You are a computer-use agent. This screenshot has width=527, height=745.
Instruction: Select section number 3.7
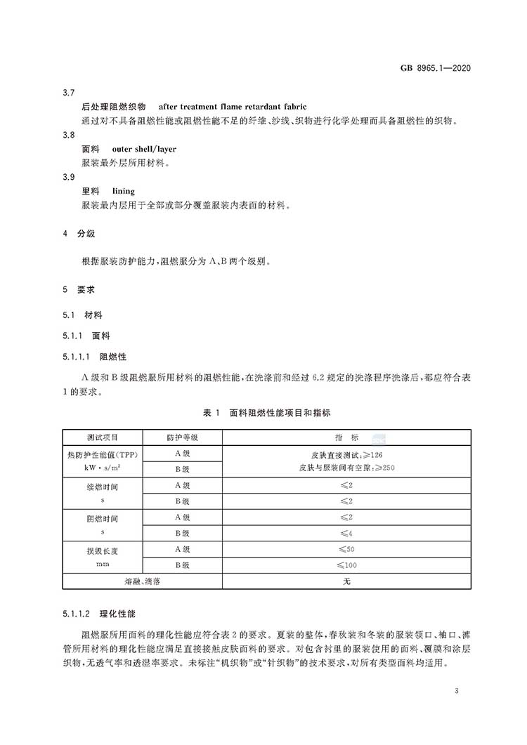(68, 93)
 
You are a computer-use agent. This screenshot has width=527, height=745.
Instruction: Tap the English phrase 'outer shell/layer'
(144, 149)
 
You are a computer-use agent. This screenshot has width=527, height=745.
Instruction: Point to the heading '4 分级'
(79, 233)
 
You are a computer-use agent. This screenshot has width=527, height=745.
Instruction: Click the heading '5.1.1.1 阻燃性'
(94, 357)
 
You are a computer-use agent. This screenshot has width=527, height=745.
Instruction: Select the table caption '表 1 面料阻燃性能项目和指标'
(266, 413)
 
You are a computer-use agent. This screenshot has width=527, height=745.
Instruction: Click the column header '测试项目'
(103, 437)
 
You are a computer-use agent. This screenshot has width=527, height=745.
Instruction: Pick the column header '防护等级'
(182, 437)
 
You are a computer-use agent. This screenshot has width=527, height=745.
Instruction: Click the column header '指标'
(346, 437)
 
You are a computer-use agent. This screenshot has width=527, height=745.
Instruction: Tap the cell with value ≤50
(346, 549)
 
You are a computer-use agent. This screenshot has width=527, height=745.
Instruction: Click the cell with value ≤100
(346, 565)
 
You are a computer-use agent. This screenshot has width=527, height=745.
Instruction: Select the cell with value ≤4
(346, 533)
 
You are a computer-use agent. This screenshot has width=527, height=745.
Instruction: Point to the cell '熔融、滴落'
(143, 581)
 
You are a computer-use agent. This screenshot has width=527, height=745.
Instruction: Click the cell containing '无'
(346, 581)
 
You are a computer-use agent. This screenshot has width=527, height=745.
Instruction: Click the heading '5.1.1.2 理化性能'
(94, 613)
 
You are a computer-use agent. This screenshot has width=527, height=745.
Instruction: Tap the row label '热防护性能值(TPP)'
(103, 454)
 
